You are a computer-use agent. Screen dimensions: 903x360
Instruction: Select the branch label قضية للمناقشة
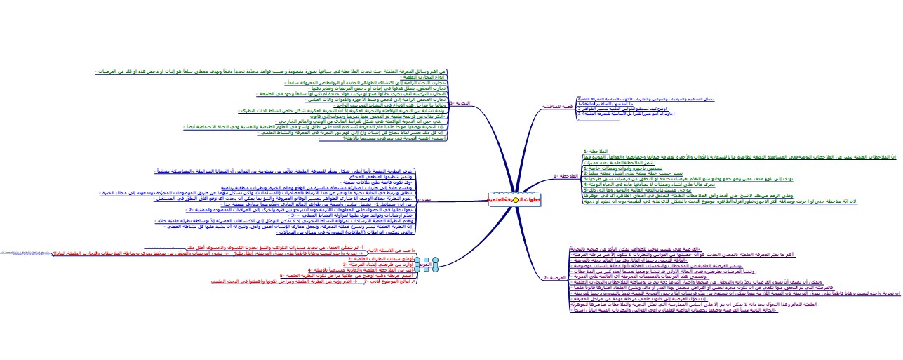556,106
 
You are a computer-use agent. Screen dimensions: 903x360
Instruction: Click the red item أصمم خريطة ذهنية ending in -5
351,276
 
